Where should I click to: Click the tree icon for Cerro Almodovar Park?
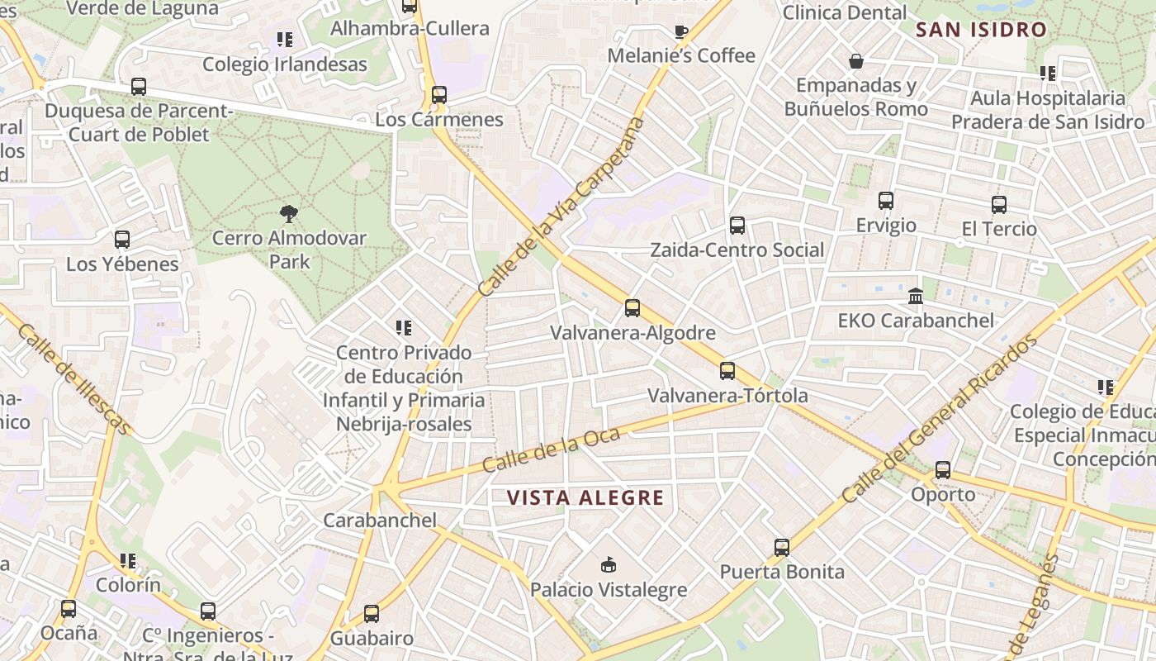click(288, 214)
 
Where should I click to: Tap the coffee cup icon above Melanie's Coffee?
click(680, 32)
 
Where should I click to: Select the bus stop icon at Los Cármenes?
click(438, 95)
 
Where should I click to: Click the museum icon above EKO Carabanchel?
click(916, 296)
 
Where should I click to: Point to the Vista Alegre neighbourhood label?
click(585, 497)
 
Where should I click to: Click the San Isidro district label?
click(981, 31)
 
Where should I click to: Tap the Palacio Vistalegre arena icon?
click(609, 565)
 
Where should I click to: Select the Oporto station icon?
click(942, 470)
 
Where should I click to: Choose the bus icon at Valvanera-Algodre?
click(632, 308)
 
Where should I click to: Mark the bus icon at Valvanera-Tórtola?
click(727, 371)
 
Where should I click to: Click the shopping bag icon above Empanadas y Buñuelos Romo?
click(856, 61)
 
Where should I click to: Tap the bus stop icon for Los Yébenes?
click(122, 240)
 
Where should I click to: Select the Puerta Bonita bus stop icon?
click(782, 547)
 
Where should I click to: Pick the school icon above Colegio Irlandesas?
click(285, 40)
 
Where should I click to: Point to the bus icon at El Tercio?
click(999, 204)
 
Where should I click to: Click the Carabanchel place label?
click(380, 521)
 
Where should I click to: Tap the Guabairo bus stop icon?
click(372, 614)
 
